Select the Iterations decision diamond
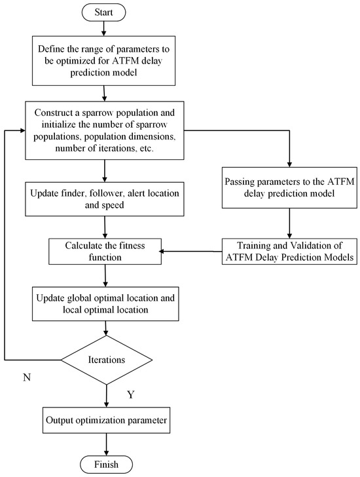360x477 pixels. tap(106, 360)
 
